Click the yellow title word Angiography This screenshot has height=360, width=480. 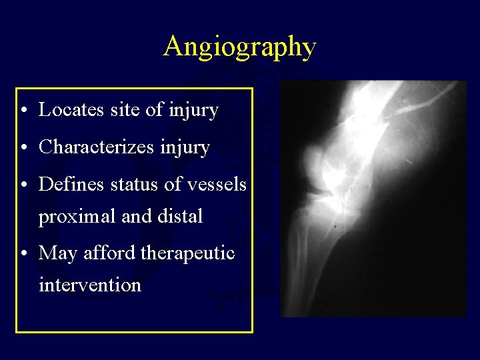tap(239, 47)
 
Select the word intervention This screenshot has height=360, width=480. tap(90, 285)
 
